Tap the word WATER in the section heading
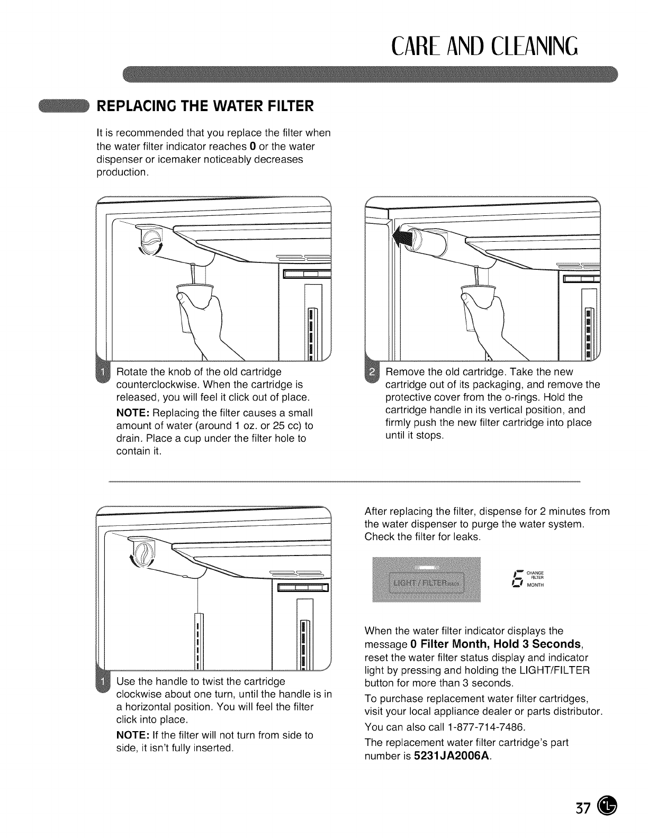click(x=242, y=106)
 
